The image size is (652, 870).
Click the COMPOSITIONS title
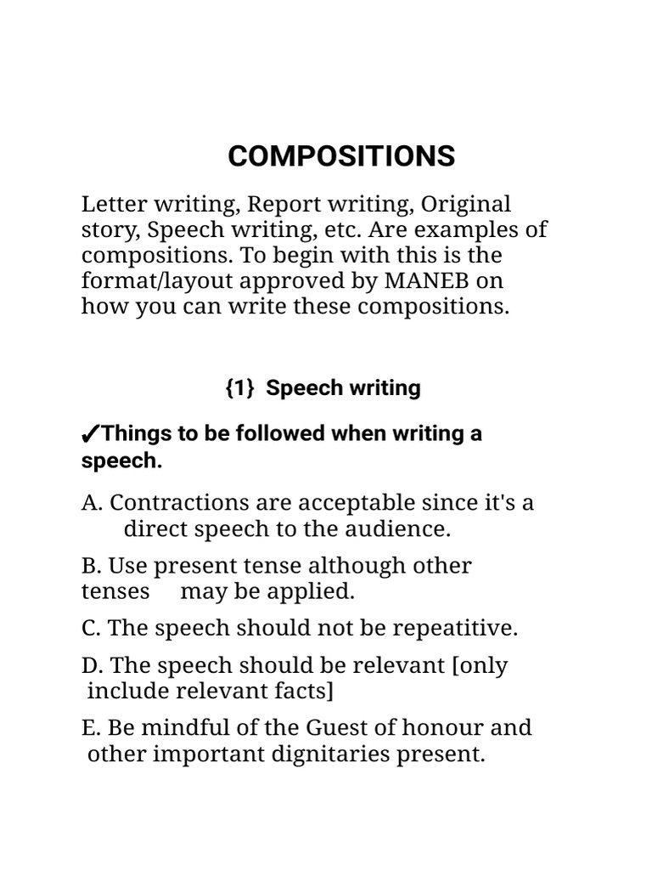pos(341,156)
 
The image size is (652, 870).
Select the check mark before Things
pos(90,435)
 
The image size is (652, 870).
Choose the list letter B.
pos(91,566)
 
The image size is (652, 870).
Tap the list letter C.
pos(91,629)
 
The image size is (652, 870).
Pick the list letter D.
pos(92,665)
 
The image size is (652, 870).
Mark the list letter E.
pos(91,728)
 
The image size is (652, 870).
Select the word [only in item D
pos(481,665)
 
